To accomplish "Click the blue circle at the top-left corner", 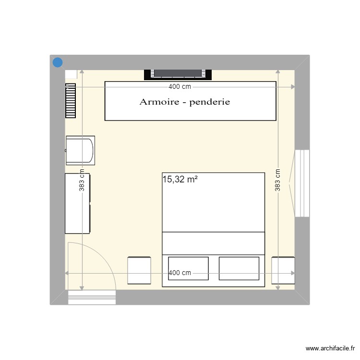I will (x=58, y=62).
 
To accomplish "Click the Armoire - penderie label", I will (x=185, y=102).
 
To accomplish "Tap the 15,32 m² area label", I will (x=180, y=180).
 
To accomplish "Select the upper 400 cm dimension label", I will (x=180, y=87).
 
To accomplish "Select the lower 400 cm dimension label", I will (x=180, y=273).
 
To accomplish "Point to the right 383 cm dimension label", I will (x=278, y=180).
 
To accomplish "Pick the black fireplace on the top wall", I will (x=178, y=74).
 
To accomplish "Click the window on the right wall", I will (x=302, y=183).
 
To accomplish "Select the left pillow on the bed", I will (x=188, y=268).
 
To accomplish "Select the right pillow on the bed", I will (x=239, y=268).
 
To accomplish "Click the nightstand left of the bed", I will (x=139, y=270).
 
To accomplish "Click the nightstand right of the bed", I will (x=283, y=270).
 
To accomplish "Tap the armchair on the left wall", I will (x=80, y=151).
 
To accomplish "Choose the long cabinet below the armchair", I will (x=77, y=204).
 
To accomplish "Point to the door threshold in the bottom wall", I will (x=92, y=297).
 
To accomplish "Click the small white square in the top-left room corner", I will (x=71, y=73).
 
